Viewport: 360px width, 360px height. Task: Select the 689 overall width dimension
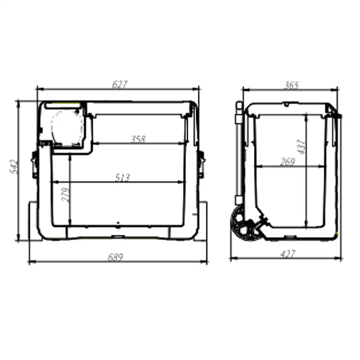(x=115, y=257)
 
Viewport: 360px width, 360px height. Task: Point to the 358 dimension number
(x=138, y=139)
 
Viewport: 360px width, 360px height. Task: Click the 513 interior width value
(x=123, y=177)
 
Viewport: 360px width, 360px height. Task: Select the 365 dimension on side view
(x=291, y=85)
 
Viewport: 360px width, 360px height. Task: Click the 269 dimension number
(x=287, y=162)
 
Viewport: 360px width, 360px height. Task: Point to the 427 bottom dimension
(x=288, y=254)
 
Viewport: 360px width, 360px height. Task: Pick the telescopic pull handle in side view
(x=239, y=152)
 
